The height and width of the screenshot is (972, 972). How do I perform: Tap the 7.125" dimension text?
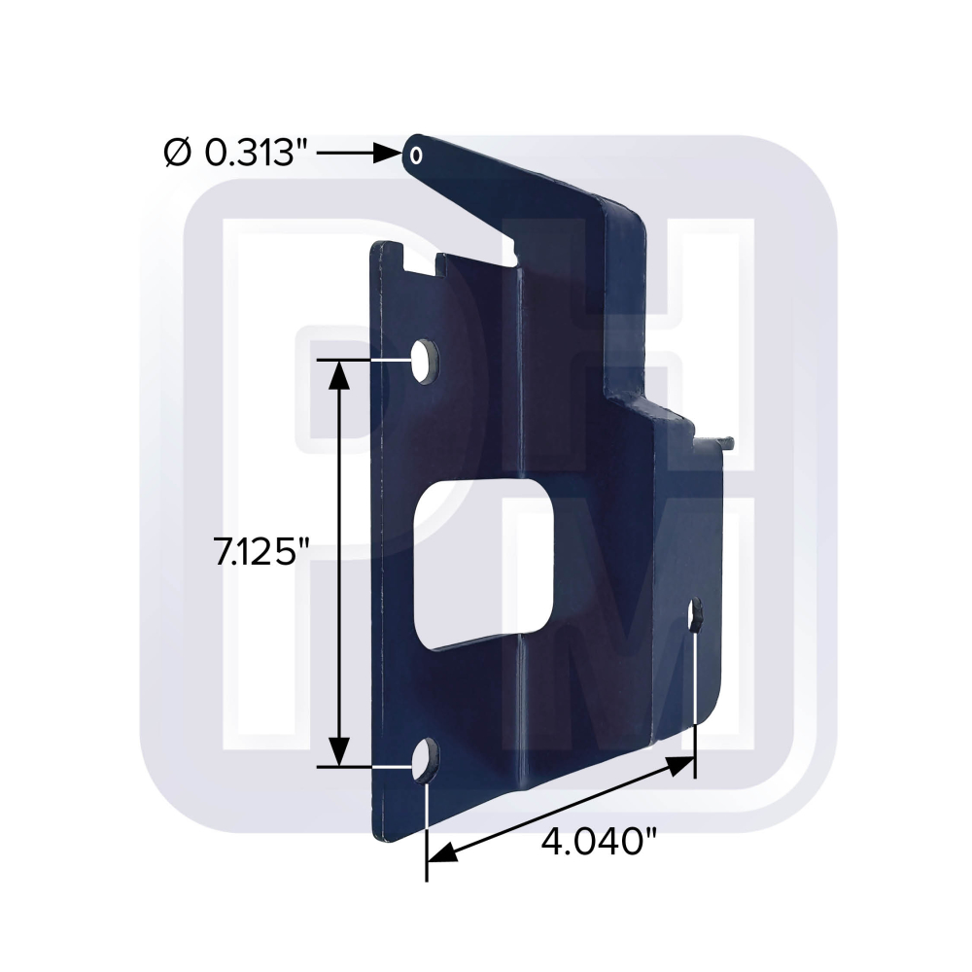tap(260, 552)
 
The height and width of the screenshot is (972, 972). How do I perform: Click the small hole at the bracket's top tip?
tap(416, 155)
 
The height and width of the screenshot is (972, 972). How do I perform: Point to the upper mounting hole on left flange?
tap(425, 361)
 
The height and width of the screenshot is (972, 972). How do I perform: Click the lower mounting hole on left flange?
tap(426, 761)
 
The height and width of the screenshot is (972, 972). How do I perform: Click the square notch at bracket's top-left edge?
tap(425, 260)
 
